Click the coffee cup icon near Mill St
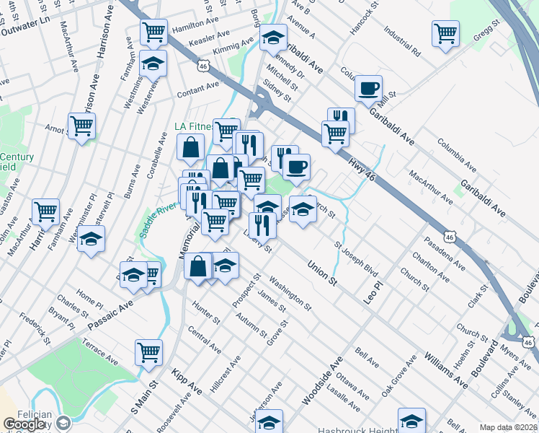368,88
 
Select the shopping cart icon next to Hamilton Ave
153,32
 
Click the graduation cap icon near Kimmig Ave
273,37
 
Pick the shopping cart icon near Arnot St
81,126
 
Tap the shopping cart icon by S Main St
148,352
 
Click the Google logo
25,424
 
